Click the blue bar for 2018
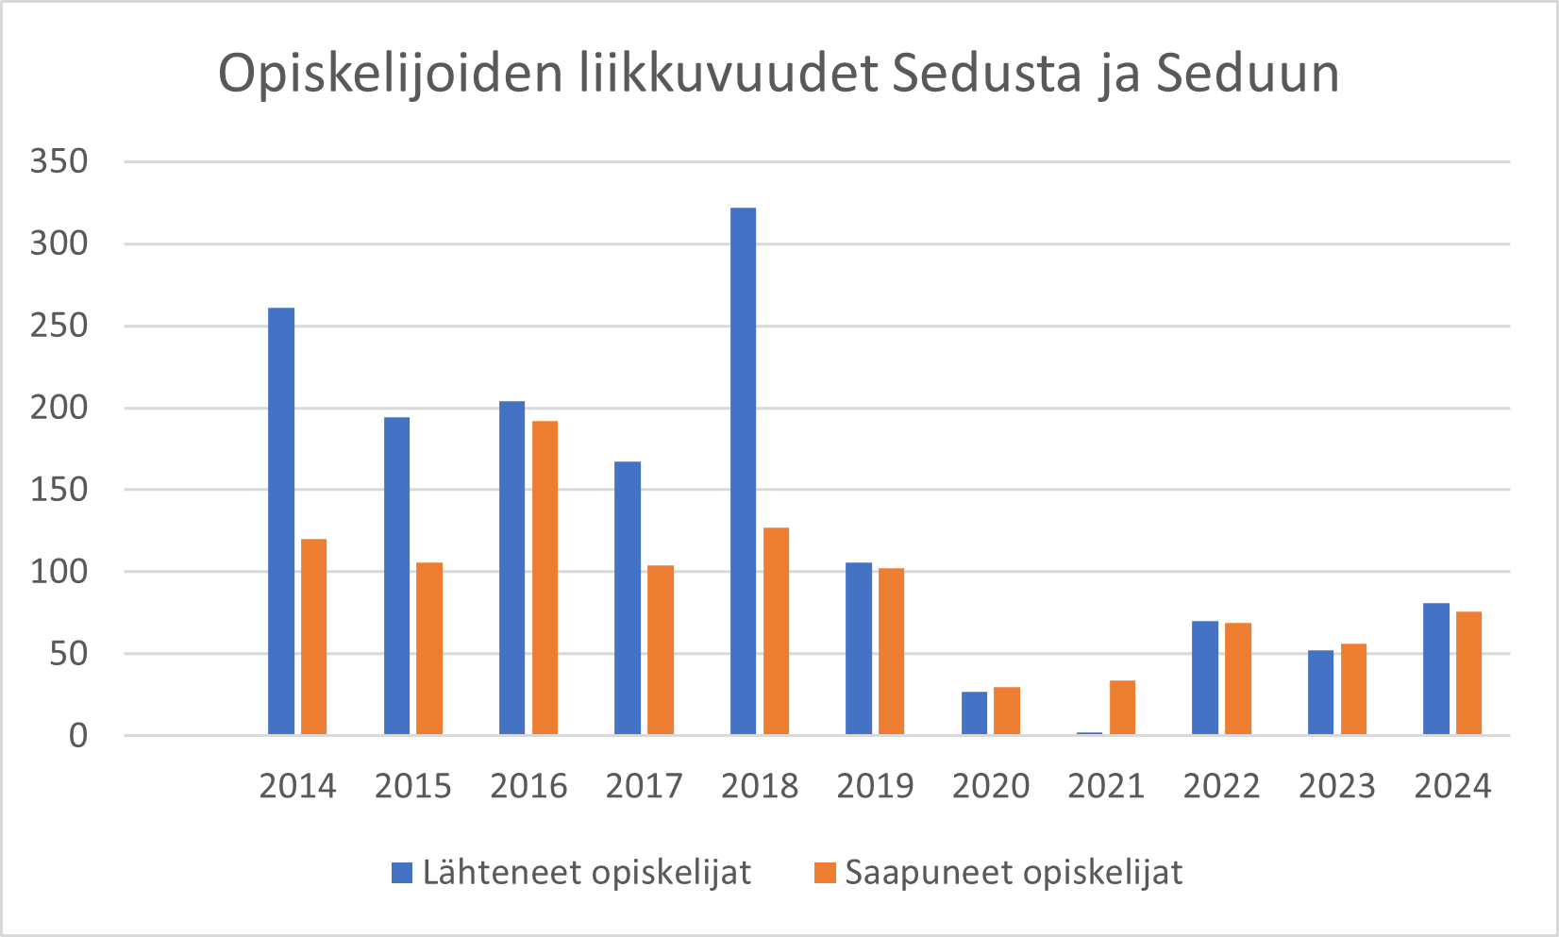click(743, 471)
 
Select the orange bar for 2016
click(545, 577)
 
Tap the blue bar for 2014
click(281, 521)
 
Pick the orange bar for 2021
click(1122, 707)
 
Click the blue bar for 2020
click(974, 712)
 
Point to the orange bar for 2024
click(1468, 673)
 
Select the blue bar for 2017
click(628, 597)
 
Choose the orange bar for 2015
click(429, 648)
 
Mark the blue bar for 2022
click(1205, 678)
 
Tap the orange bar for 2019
click(891, 651)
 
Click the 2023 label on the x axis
click(1336, 786)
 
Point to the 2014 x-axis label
click(297, 786)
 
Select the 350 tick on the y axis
click(59, 161)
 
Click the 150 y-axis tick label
click(59, 490)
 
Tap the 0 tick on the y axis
click(77, 736)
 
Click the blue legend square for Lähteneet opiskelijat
click(402, 873)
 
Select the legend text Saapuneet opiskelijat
click(1013, 873)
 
